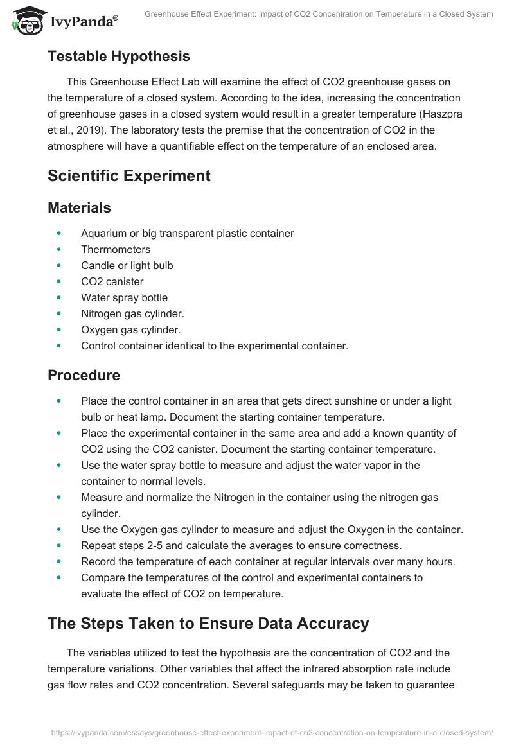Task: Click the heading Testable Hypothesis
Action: (x=119, y=56)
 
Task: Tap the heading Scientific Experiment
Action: (x=129, y=175)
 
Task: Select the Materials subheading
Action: (x=79, y=207)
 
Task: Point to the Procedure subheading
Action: (x=84, y=374)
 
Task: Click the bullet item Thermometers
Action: (x=116, y=249)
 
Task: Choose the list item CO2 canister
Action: (x=112, y=281)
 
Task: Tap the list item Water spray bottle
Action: (x=124, y=297)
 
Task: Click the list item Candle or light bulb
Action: (x=127, y=265)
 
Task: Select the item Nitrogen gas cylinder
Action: (x=132, y=313)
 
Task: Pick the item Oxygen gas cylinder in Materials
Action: (x=130, y=329)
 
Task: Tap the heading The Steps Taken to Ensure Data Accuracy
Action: (x=208, y=623)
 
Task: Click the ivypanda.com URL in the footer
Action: (x=270, y=732)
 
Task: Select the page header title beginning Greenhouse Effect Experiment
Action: (x=319, y=14)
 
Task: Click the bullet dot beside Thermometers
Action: (x=60, y=249)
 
